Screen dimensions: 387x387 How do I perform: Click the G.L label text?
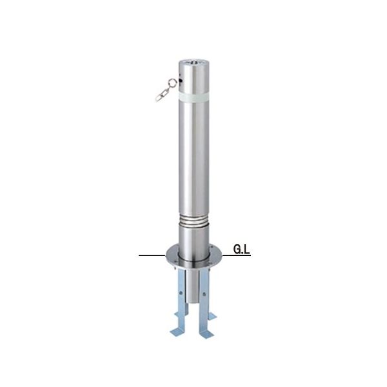242,250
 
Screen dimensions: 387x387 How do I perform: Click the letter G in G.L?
237,250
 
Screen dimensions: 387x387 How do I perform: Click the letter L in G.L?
247,250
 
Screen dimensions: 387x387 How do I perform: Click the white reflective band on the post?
193,97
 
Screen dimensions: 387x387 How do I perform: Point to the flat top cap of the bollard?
193,63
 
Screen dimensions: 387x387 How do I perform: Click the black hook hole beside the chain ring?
181,81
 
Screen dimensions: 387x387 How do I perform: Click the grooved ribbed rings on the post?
193,219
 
